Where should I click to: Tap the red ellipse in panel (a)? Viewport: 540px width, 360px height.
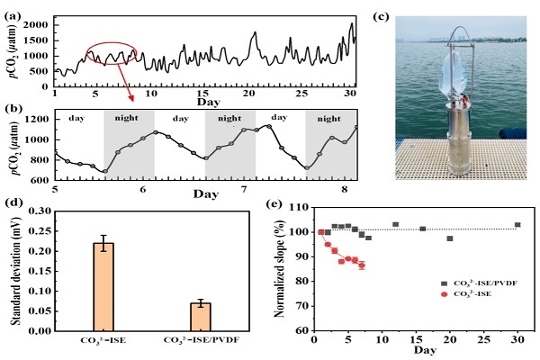coord(112,56)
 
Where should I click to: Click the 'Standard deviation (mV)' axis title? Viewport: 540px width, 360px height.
coord(11,270)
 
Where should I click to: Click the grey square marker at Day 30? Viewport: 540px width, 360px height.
coord(517,225)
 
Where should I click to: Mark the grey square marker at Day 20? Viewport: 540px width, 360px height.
coord(449,238)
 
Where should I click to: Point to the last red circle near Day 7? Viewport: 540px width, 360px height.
coord(362,265)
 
